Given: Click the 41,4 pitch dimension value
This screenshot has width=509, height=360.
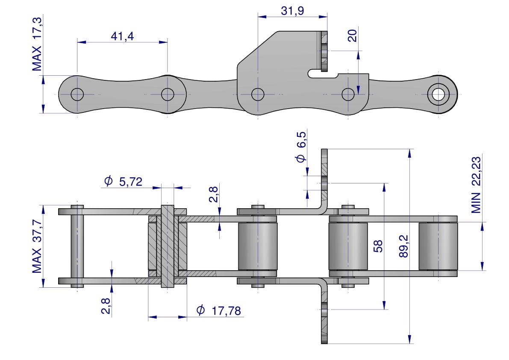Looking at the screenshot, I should [122, 36].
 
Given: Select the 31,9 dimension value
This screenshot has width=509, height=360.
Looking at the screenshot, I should [292, 11].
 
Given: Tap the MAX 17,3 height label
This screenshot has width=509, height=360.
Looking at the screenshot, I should [38, 43].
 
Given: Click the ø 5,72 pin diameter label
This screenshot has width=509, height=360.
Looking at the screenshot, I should [122, 182].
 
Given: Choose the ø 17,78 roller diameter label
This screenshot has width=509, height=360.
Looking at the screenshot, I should [218, 310].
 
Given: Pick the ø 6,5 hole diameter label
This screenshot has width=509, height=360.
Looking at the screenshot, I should [301, 147].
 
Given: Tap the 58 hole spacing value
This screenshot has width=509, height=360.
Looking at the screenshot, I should [378, 246].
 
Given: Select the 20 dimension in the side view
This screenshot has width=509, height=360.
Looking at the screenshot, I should [352, 36].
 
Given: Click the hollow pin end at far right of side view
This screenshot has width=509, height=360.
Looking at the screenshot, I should [438, 94].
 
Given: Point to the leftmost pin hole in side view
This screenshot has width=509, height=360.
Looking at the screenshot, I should [77, 94].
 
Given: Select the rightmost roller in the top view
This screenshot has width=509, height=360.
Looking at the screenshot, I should [438, 246].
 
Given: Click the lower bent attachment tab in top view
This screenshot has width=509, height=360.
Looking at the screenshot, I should [324, 312].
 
